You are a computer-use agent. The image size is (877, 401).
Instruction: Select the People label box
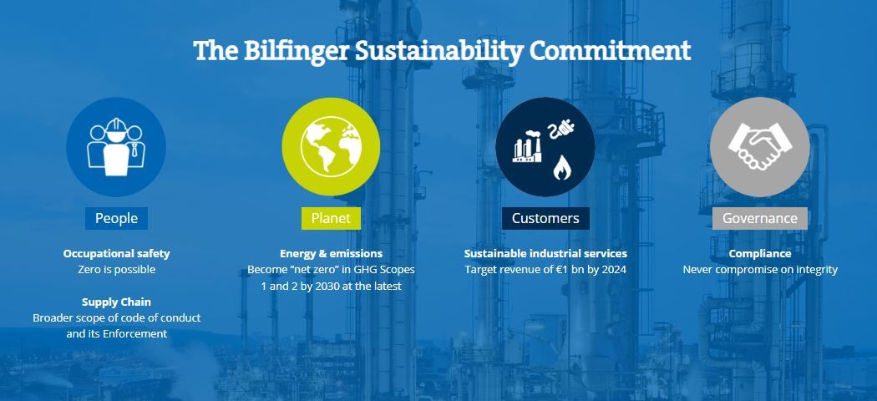point(116,218)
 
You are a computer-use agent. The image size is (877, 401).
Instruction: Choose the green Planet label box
point(331,218)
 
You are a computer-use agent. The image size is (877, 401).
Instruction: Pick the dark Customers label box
point(545,218)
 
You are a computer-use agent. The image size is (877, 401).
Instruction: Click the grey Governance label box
point(759,218)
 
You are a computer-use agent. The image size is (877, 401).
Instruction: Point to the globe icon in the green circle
point(331,146)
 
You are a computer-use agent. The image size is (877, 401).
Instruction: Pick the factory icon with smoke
point(527,146)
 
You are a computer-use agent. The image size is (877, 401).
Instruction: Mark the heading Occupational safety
point(116,253)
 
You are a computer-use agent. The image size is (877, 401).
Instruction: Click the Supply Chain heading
point(116,302)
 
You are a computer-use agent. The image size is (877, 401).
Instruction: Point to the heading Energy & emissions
point(331,253)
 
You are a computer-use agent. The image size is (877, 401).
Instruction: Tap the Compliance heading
point(759,253)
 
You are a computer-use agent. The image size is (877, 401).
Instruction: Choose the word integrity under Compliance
point(815,270)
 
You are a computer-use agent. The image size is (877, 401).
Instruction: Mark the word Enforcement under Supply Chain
point(134,334)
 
